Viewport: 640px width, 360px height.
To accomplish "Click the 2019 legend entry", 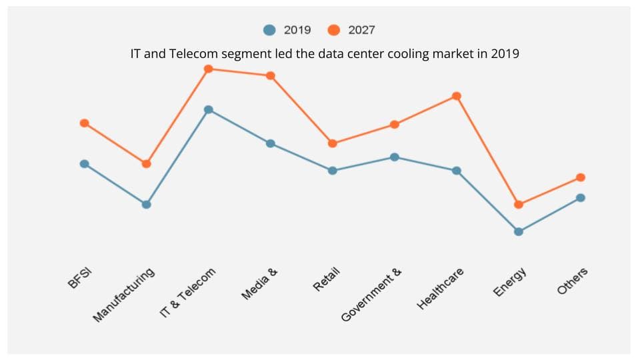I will click(287, 30).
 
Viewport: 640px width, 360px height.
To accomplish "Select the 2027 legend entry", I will click(351, 30).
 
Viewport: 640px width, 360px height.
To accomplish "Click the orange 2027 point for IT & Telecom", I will click(208, 69).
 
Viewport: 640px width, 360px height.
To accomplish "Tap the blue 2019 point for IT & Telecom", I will click(208, 109).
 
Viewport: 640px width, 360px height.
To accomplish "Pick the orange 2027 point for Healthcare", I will click(457, 96).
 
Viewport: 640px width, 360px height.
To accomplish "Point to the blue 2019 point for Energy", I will click(519, 232).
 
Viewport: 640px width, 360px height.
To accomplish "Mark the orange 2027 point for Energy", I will click(519, 205).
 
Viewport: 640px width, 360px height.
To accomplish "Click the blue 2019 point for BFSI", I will click(84, 164).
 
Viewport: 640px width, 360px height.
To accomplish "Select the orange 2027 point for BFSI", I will click(84, 123).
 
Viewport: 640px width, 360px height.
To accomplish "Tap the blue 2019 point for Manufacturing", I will click(146, 205).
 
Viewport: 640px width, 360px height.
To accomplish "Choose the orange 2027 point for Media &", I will click(270, 76).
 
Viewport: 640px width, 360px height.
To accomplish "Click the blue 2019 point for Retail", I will click(333, 171).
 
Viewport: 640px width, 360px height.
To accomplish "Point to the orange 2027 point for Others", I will click(581, 177).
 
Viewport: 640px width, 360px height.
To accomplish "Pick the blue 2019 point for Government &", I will click(395, 157).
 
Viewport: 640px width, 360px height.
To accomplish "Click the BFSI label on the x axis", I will click(79, 278).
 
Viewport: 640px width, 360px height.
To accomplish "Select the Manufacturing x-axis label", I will click(124, 295).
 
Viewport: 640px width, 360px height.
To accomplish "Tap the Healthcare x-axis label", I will click(440, 288).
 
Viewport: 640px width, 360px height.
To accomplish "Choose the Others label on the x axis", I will click(573, 281).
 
